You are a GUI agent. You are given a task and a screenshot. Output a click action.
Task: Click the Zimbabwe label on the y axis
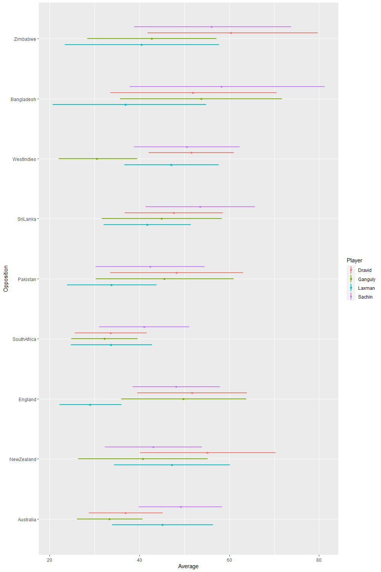point(25,39)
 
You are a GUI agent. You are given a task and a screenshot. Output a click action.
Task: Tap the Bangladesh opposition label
point(23,100)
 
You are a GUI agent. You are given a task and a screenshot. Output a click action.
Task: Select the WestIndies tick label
point(24,159)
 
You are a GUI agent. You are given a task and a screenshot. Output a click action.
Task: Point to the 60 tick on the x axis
point(229,560)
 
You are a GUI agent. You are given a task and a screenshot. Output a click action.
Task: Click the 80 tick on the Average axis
point(319,560)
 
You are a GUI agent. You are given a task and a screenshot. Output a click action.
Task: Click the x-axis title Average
point(188,566)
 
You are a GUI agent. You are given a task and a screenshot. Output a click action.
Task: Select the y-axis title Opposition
point(6,279)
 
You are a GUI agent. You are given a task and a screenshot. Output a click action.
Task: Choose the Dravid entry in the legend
point(365,270)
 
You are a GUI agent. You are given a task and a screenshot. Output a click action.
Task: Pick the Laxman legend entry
point(366,288)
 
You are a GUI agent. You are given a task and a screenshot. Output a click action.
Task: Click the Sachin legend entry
point(365,297)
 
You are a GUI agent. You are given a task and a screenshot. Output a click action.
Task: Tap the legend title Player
point(354,260)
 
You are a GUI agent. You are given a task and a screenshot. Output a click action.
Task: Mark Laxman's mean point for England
point(90,405)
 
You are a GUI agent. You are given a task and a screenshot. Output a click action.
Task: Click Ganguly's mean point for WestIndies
point(97,159)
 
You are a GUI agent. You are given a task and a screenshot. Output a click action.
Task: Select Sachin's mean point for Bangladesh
point(221,87)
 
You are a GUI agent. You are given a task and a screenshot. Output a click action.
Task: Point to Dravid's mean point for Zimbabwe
point(231,33)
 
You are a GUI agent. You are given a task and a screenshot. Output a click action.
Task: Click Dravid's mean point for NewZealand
point(207,453)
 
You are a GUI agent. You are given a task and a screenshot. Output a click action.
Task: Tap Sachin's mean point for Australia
point(181,507)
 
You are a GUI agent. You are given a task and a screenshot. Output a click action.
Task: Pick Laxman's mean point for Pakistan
point(111,285)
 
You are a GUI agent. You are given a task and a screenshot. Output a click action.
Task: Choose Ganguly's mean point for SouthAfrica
point(104,339)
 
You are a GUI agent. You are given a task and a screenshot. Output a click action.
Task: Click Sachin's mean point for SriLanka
point(200,207)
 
